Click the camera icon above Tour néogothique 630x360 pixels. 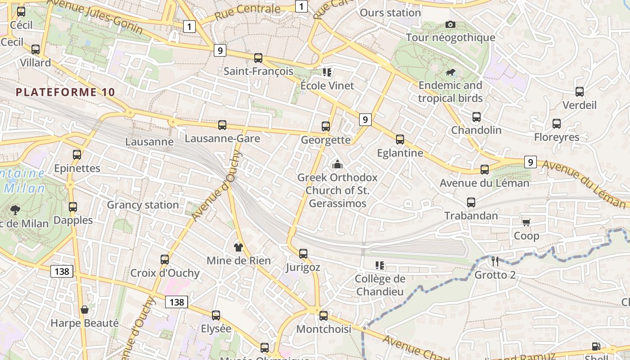click(x=450, y=24)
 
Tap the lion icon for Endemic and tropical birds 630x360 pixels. click(x=450, y=72)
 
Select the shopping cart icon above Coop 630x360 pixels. click(x=526, y=222)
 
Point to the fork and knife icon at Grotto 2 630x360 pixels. click(x=495, y=261)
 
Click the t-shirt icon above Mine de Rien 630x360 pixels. click(x=238, y=247)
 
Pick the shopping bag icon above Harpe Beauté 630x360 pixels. click(x=84, y=310)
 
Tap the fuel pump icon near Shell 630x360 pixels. click(x=596, y=346)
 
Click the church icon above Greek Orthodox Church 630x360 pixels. click(x=337, y=164)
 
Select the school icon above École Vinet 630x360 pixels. click(x=327, y=72)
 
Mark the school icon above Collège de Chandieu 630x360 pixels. click(x=380, y=265)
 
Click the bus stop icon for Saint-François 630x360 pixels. click(x=258, y=58)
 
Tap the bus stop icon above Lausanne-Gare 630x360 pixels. click(x=222, y=125)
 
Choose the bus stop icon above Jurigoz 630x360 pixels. click(x=303, y=254)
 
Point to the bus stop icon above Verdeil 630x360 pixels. click(x=580, y=92)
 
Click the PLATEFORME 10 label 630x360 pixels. click(x=66, y=92)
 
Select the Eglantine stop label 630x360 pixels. click(x=400, y=153)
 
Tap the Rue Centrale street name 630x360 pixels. click(x=247, y=12)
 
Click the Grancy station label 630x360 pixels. click(x=143, y=205)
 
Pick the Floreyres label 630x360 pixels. click(x=557, y=137)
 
